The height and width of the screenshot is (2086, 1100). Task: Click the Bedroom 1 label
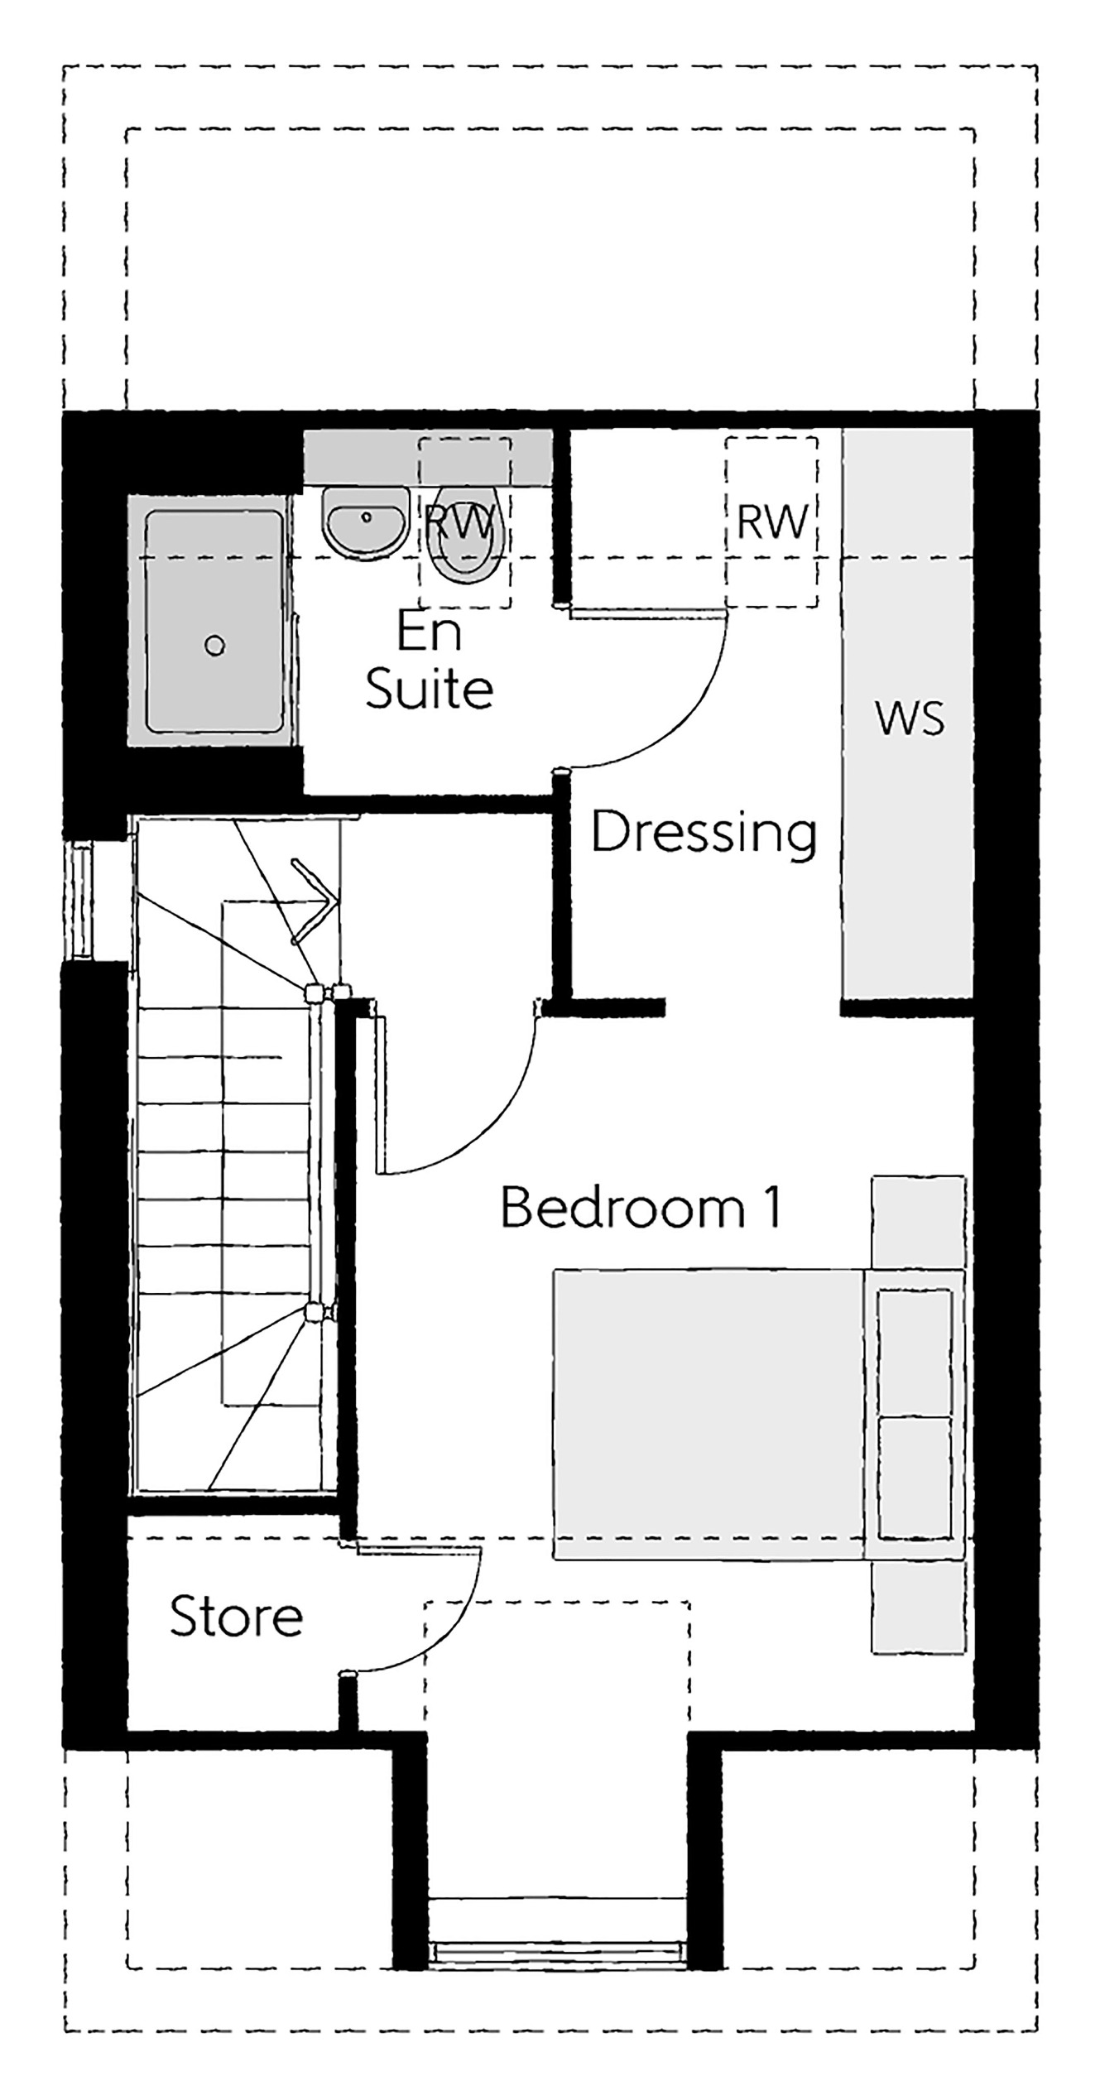pyautogui.click(x=641, y=1209)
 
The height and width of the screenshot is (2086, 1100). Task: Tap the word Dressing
pyautogui.click(x=704, y=833)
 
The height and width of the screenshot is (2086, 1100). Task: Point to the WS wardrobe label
pyautogui.click(x=910, y=719)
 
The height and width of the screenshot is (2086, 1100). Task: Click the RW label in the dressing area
pyautogui.click(x=771, y=523)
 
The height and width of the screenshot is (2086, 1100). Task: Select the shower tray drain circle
pyautogui.click(x=215, y=646)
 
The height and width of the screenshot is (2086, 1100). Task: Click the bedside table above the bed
pyautogui.click(x=919, y=1222)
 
